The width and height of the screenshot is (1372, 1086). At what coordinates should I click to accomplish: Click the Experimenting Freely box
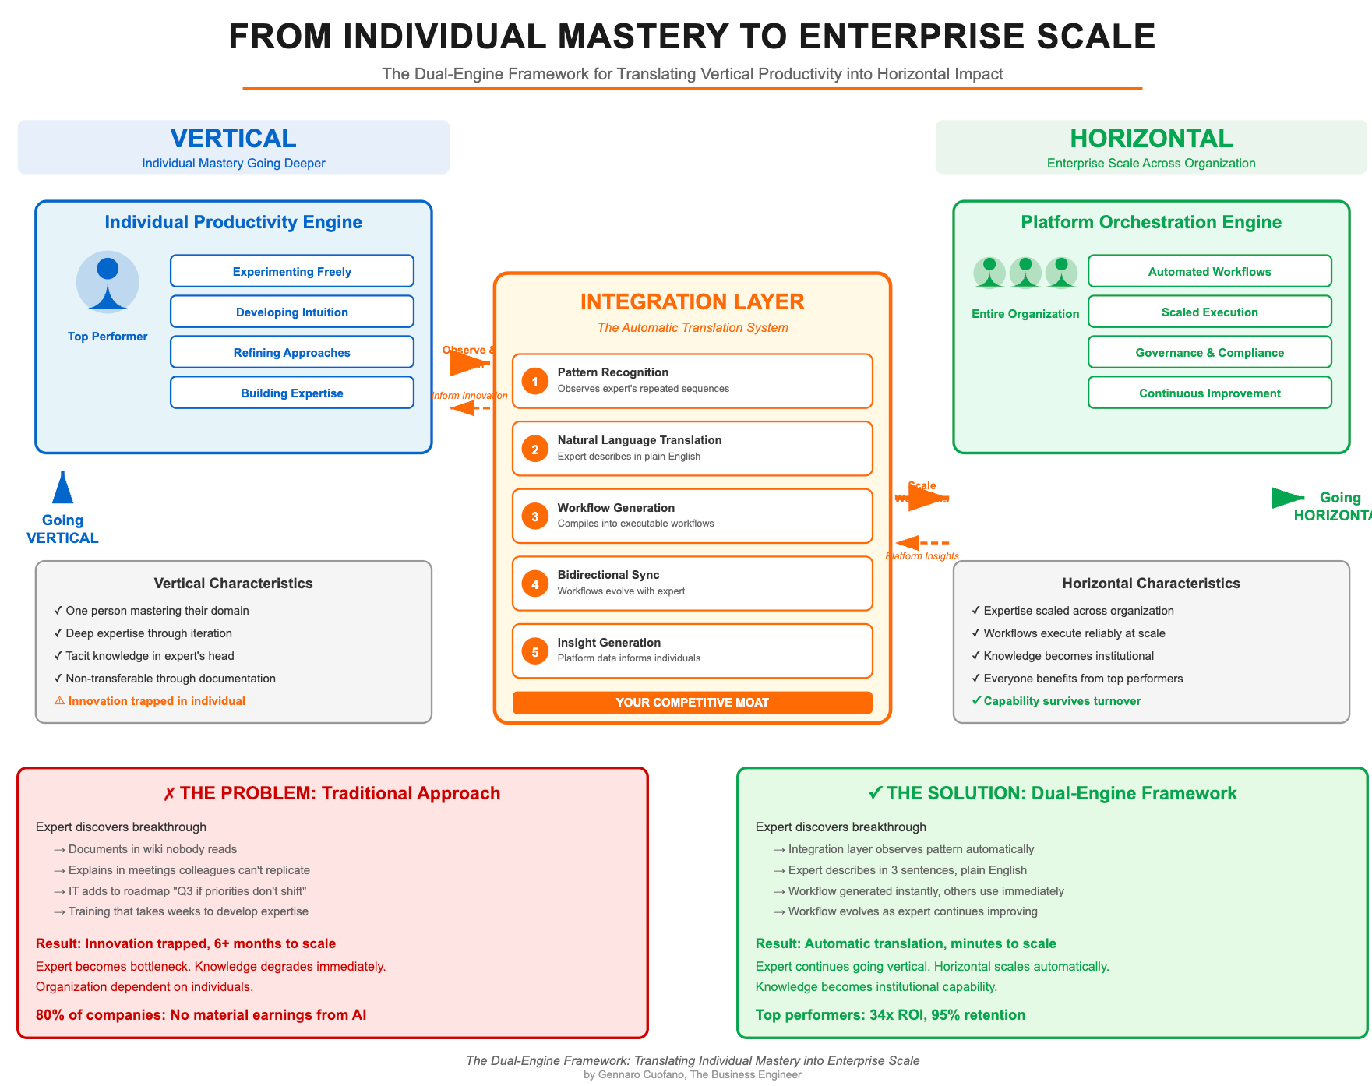pos(291,271)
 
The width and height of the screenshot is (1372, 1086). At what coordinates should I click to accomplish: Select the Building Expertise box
pos(291,393)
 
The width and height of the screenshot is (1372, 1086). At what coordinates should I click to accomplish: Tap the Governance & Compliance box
pos(1209,352)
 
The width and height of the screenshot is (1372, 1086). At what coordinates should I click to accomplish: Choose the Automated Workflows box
pos(1209,271)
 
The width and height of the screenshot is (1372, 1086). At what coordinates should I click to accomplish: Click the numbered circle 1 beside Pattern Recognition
pos(535,381)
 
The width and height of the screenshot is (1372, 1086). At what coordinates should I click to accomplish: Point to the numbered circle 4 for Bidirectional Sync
pos(535,584)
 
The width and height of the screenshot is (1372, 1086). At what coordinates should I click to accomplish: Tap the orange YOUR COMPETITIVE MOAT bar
pos(692,703)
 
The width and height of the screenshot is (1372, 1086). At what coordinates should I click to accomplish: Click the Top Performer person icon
pos(108,282)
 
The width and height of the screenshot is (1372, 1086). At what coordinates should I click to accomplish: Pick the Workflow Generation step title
pos(615,508)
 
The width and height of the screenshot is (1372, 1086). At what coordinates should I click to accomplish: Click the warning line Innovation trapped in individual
pos(156,701)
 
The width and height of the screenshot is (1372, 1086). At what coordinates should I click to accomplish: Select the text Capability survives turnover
pos(1061,701)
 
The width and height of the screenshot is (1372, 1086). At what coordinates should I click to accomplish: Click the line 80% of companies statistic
pos(201,1015)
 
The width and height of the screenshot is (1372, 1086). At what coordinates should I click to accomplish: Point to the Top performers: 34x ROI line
pos(890,1015)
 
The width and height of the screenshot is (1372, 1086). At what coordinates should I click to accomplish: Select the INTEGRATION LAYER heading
pos(692,302)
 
